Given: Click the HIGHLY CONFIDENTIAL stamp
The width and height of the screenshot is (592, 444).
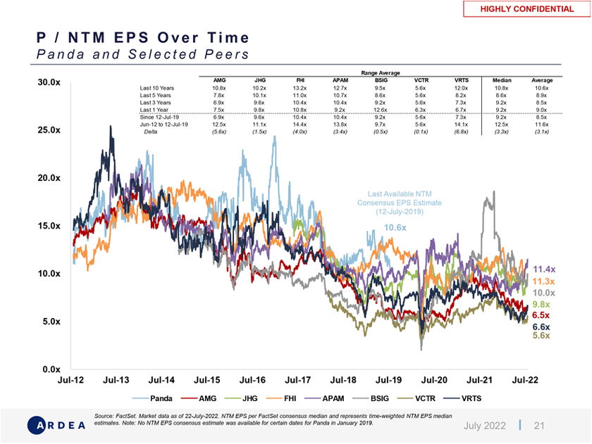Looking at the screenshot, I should [526, 9].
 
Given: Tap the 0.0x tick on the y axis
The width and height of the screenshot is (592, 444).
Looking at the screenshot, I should [51, 369].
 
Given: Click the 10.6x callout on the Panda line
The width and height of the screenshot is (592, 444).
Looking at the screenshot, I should [395, 228].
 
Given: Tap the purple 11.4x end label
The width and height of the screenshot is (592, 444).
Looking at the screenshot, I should [544, 269].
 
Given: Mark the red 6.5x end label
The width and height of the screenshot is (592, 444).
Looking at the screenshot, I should [541, 316].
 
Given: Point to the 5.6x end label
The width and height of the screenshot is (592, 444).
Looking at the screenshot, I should [541, 336].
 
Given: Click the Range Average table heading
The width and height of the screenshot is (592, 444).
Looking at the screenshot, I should [380, 73].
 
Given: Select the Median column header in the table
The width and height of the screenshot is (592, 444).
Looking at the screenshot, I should [502, 80].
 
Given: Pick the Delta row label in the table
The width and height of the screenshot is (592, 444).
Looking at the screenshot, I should [151, 132].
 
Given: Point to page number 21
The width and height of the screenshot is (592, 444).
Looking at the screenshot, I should [540, 426].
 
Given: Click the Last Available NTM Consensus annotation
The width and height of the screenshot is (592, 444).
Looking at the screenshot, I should [399, 203].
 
